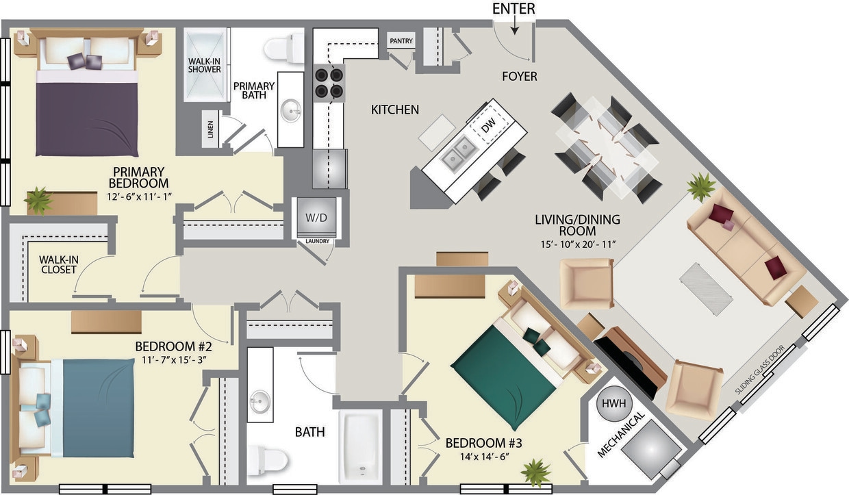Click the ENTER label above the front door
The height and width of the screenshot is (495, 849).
tap(514, 8)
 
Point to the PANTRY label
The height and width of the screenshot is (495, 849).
tap(401, 41)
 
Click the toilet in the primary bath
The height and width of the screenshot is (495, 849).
tap(283, 48)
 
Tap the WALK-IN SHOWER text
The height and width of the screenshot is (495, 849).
tap(204, 64)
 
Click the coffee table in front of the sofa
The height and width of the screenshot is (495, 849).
tap(707, 289)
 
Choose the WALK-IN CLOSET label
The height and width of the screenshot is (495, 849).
tap(58, 264)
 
